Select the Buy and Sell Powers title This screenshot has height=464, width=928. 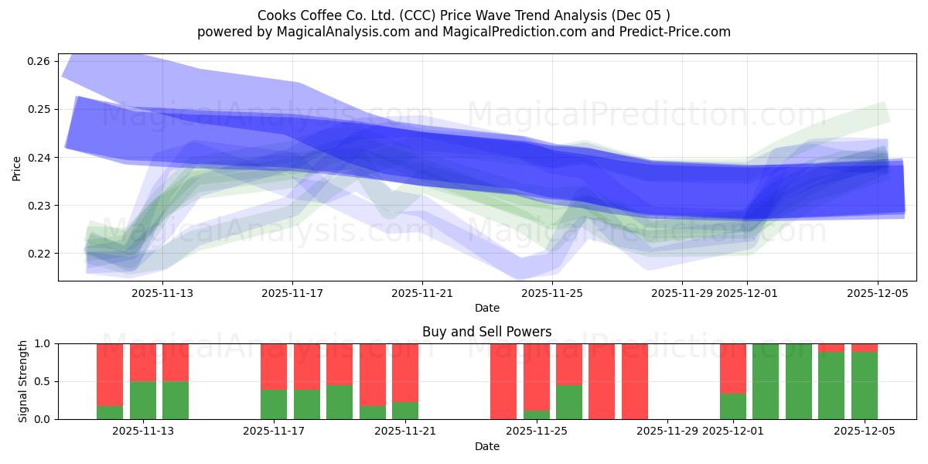coord(486,332)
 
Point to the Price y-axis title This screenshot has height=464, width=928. coord(17,168)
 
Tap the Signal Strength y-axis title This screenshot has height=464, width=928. coord(23,381)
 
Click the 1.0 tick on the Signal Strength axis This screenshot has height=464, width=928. coord(43,343)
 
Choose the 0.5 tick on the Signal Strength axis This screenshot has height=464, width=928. coord(43,381)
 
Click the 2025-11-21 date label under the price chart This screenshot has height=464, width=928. coord(422,293)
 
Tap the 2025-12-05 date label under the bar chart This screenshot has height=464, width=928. coord(865,431)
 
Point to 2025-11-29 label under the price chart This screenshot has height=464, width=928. coord(681,293)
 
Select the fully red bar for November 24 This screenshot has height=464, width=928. coord(503,381)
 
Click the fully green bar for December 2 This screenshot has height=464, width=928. coord(766,381)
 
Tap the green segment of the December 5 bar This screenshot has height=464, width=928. coord(865,386)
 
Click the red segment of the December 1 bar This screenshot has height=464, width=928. coord(733,368)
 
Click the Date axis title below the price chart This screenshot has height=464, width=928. coord(486,308)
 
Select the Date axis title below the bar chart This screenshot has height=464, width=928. coord(486,446)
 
